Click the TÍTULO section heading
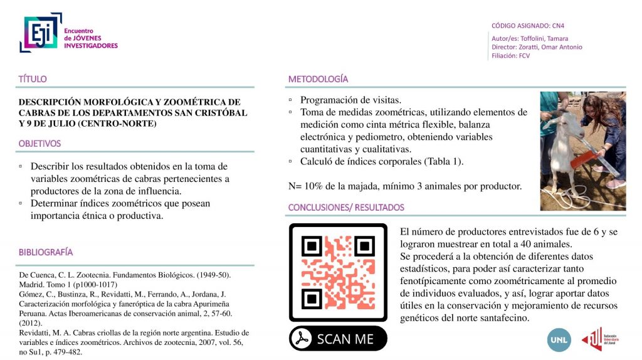pos(33,80)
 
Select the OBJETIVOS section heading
pos(39,144)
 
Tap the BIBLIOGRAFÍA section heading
pos(45,253)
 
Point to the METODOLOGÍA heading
pos(318,80)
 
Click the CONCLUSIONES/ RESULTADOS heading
pos(346,208)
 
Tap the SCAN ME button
pos(338,339)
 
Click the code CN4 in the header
pos(558,26)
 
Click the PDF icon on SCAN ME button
pos(304,339)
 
